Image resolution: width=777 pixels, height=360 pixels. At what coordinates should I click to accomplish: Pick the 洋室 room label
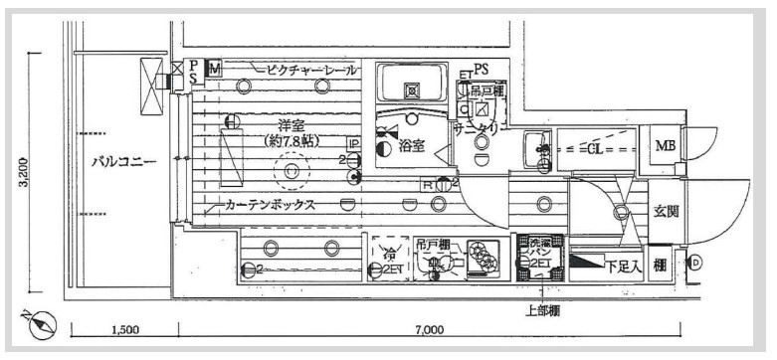[291, 126]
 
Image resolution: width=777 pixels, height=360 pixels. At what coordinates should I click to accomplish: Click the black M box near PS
[213, 68]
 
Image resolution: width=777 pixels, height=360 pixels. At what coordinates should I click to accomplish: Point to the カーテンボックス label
[270, 206]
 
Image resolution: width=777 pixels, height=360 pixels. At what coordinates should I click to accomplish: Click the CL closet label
[594, 150]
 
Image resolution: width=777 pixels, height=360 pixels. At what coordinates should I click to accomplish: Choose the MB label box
[664, 148]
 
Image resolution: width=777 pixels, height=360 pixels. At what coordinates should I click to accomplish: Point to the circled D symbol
[695, 264]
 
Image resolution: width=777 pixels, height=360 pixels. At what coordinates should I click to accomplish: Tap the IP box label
[352, 144]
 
